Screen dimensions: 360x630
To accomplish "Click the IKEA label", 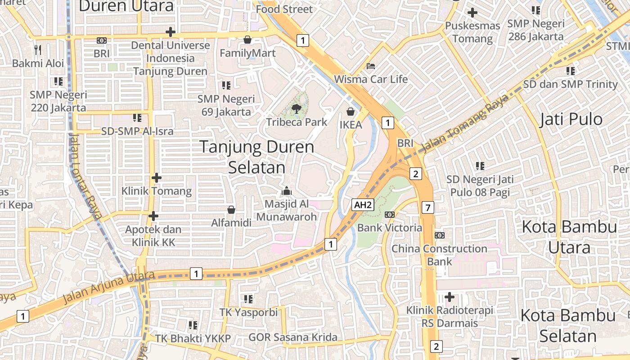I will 351,125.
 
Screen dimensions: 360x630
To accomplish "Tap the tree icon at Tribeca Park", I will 297,108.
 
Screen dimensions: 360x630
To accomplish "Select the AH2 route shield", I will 363,205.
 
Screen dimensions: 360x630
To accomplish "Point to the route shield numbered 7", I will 428,207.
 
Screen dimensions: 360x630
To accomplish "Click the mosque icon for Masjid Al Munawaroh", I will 287,191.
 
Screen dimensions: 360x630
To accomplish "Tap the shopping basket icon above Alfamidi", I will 231,210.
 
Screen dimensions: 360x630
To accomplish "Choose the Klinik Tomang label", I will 157,191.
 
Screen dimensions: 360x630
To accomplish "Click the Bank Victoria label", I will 390,228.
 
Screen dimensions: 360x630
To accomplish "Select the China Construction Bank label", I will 439,255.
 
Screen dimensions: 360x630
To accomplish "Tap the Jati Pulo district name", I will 571,119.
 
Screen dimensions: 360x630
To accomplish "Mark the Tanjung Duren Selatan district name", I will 256,157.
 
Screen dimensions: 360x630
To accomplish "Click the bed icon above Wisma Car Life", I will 370,66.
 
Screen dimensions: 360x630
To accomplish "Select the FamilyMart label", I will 247,53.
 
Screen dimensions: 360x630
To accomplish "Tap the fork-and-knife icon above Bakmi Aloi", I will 38,49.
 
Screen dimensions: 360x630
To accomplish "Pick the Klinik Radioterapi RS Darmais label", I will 450,316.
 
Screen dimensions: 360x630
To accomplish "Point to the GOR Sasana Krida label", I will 293,337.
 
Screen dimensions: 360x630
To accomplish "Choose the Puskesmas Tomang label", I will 472,32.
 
